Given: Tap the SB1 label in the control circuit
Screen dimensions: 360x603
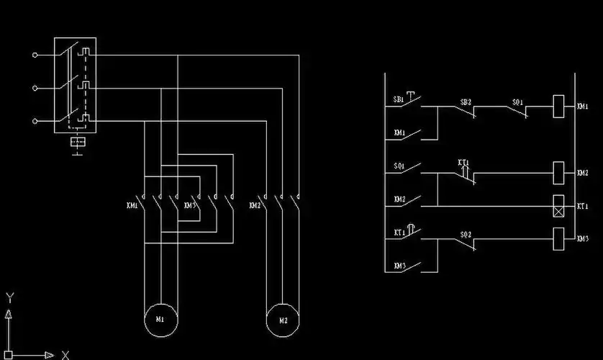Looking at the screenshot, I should coord(398,99).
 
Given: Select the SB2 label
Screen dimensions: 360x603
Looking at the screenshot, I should coord(466,102).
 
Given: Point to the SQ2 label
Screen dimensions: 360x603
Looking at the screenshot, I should coord(466,235).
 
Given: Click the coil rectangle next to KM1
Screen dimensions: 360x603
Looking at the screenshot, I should coord(558,107).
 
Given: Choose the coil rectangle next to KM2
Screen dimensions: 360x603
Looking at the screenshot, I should coord(558,173).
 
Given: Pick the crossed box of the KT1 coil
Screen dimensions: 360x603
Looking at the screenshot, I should coord(558,205).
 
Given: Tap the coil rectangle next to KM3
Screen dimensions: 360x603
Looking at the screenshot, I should coord(558,238).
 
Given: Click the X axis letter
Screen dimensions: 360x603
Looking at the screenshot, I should coord(65,354).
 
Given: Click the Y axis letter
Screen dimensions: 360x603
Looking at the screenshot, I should coord(9,297).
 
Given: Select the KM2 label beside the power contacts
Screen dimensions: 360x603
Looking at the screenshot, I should coord(255,206).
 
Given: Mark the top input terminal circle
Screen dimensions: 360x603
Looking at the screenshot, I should coord(34,54).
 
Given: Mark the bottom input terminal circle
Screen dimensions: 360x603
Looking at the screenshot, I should coord(34,121).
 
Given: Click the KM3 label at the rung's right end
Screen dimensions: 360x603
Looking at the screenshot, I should coord(583,239).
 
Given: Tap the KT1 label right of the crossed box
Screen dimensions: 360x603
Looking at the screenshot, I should coord(583,206).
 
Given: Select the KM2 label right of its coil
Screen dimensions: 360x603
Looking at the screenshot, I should coord(583,174).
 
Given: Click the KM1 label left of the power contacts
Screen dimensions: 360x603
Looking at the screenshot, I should coord(132,206).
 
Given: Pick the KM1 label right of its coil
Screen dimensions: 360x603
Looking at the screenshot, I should coord(583,107).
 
